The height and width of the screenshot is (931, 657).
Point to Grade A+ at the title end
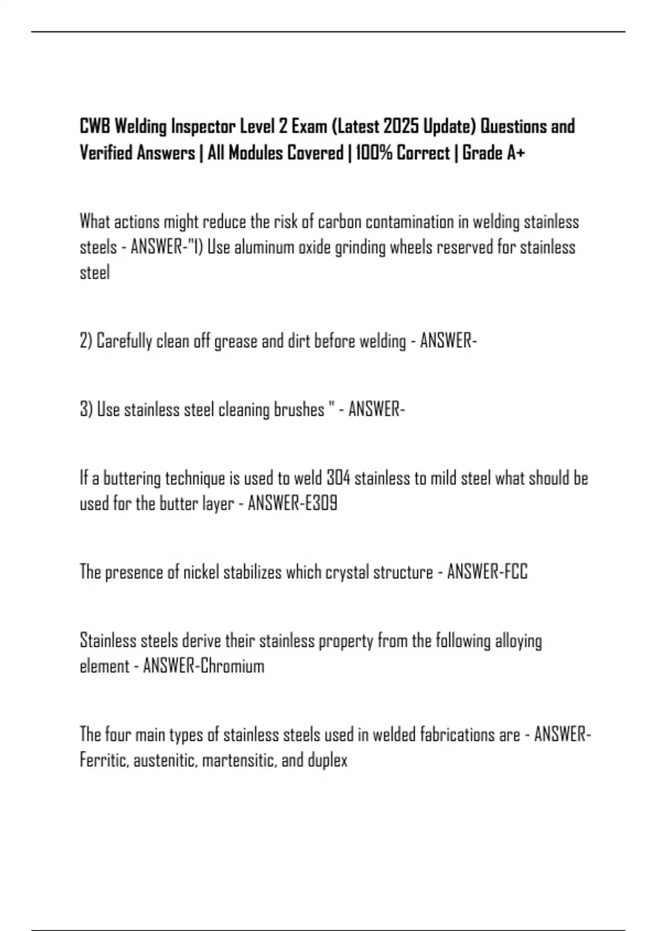[493, 153]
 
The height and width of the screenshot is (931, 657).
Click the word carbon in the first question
[339, 222]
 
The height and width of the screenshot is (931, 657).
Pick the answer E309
[320, 504]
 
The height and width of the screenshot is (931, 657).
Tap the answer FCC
[516, 572]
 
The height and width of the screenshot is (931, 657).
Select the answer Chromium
[232, 666]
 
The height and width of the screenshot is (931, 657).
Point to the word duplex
[328, 761]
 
